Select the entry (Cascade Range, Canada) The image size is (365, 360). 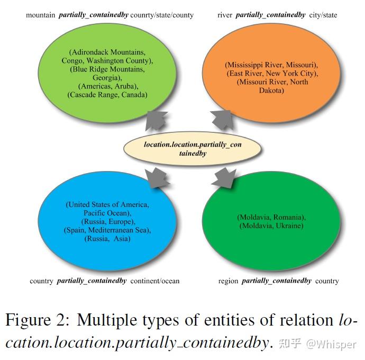coord(107,94)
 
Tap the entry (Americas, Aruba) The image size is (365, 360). coord(107,86)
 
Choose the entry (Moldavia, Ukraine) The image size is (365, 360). coord(271,226)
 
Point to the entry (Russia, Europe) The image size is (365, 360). coord(108,221)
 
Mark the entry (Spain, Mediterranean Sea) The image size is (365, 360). coord(107,230)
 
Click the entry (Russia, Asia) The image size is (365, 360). coord(107,238)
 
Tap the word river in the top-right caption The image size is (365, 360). coord(224,15)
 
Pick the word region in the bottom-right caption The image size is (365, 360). coord(229,281)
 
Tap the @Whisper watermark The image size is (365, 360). coord(331,344)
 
